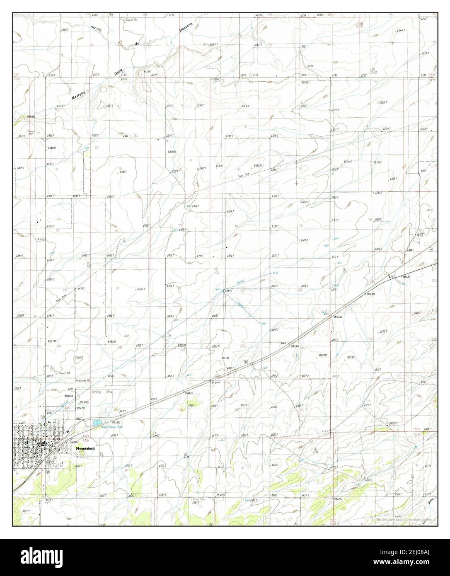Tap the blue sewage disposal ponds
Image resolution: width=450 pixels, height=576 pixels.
97,423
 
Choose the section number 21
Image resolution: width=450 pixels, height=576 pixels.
118,288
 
